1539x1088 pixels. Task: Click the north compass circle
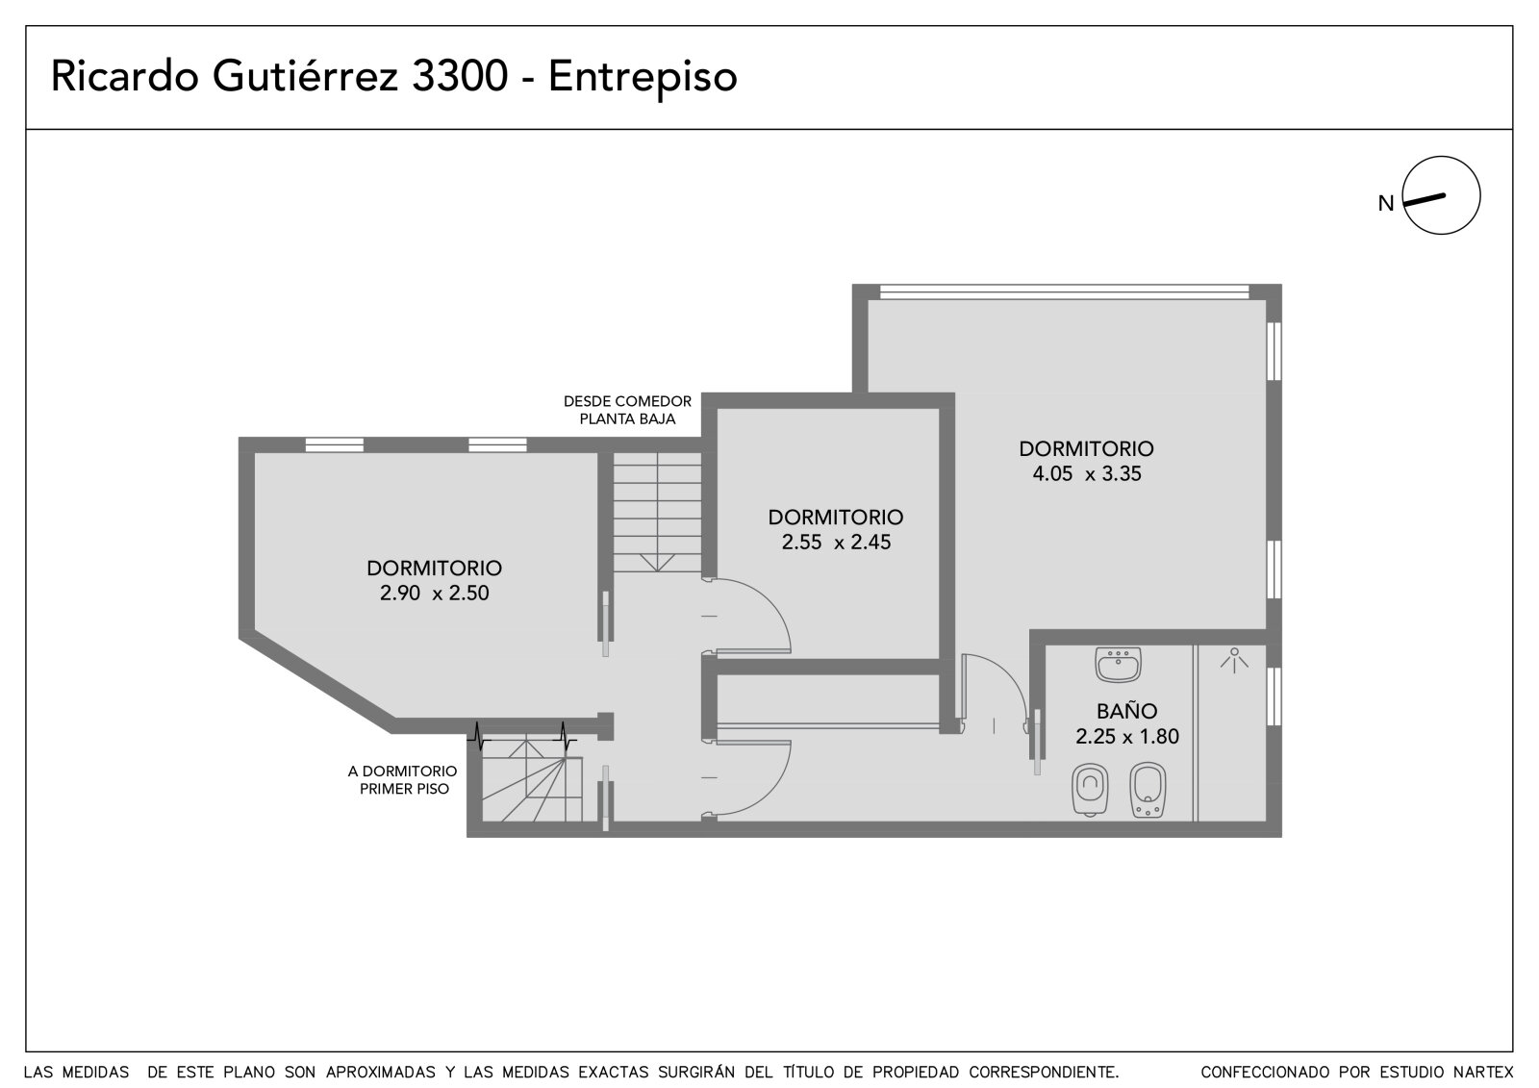tap(1441, 158)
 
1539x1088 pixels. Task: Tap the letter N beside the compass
tap(1386, 203)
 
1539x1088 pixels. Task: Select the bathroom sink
tap(1118, 664)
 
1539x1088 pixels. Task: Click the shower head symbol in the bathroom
tap(1234, 660)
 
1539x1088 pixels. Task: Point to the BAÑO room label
tap(1126, 711)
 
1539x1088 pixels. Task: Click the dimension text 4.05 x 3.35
tap(1087, 473)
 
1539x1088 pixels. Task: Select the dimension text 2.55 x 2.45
tap(836, 543)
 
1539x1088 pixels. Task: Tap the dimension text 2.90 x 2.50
tap(434, 594)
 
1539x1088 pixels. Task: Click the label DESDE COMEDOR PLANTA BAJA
tap(627, 410)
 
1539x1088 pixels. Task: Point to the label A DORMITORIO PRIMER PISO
tap(403, 779)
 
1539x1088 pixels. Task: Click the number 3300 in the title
tap(460, 76)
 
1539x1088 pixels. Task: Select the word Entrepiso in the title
tap(643, 78)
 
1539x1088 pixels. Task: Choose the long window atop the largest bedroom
tap(1064, 292)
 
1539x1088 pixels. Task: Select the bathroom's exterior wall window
tap(1274, 696)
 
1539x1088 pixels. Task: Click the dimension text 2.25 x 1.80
tap(1126, 737)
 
